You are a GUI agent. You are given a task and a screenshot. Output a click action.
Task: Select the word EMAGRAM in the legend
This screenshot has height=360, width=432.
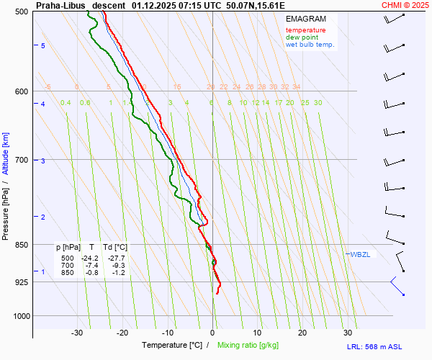[x=305, y=19]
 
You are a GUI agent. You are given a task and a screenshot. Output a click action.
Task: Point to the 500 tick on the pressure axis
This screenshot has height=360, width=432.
[x=20, y=12]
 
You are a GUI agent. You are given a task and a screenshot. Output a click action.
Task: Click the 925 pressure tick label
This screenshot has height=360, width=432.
[x=20, y=282]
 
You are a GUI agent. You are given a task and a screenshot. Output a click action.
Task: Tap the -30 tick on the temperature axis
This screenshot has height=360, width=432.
[x=77, y=333]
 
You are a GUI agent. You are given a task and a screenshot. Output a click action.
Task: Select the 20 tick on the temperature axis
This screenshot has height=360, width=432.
[x=302, y=333]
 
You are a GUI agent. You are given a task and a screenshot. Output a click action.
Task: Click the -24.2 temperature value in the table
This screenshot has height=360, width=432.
[x=90, y=258]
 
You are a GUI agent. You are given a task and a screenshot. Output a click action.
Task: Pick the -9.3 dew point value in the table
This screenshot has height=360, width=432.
[x=118, y=266]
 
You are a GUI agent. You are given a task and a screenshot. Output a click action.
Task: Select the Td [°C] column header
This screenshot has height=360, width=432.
[x=114, y=248]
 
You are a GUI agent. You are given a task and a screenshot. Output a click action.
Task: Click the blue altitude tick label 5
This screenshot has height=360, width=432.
[x=43, y=45]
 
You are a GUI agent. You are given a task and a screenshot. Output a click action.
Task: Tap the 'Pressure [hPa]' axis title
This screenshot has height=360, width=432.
[x=6, y=210]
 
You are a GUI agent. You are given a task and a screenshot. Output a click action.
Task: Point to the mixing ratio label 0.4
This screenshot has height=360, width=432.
[x=66, y=103]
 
